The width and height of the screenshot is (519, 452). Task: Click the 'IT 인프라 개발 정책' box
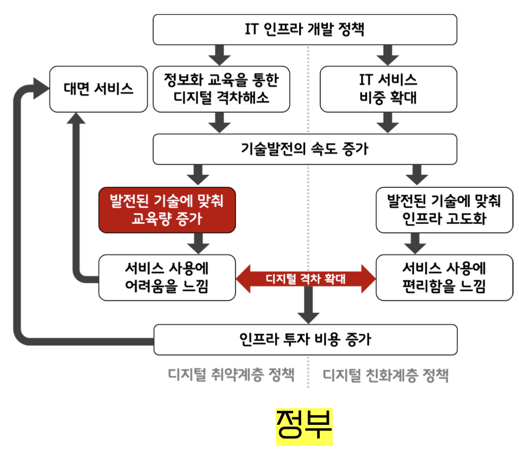[x=305, y=29]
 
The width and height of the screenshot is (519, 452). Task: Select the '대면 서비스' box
[x=98, y=89]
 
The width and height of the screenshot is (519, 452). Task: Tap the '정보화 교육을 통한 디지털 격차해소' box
[x=221, y=89]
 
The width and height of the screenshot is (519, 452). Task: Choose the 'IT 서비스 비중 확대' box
[x=388, y=89]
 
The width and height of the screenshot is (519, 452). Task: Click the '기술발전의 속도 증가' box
[x=305, y=149]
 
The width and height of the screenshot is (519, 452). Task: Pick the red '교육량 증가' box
[x=167, y=210]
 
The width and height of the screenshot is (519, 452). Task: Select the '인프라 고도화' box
[x=444, y=210]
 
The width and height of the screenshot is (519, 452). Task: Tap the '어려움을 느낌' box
[x=167, y=277]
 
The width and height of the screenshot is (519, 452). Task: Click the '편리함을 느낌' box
[x=444, y=277]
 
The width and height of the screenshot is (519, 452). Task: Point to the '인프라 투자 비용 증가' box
[x=305, y=339]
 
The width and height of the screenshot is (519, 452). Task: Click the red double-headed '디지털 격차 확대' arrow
[x=305, y=278]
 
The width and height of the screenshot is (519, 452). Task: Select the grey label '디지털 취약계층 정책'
[x=231, y=375]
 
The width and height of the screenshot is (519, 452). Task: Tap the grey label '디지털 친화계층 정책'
[x=385, y=375]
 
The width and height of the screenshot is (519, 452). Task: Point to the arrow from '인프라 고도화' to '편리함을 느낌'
[x=416, y=244]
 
